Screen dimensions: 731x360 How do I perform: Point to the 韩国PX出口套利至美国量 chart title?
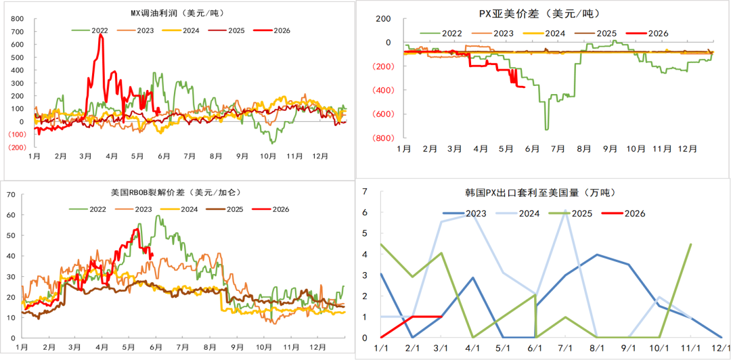pyautogui.click(x=544, y=192)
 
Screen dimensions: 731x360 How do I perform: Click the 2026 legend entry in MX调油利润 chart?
pyautogui.click(x=273, y=30)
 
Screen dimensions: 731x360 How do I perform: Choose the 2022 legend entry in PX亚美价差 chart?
pyautogui.click(x=441, y=33)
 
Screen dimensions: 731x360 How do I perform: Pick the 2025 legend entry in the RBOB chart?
pyautogui.click(x=225, y=209)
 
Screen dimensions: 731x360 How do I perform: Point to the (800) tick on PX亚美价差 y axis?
pyautogui.click(x=382, y=137)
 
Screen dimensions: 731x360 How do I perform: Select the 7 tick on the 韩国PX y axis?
pyautogui.click(x=365, y=192)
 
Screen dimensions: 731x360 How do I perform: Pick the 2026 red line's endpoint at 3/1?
pyautogui.click(x=441, y=317)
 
